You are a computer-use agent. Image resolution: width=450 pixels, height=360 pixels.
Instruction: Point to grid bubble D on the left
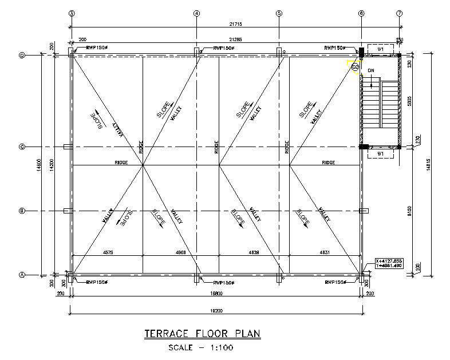[22, 56]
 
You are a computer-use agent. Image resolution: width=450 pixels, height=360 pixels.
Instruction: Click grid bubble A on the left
[22, 275]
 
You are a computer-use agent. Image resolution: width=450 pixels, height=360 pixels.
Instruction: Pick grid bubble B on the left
[22, 211]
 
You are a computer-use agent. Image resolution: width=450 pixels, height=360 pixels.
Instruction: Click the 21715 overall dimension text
[235, 23]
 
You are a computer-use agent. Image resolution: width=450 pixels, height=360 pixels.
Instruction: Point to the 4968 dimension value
[181, 252]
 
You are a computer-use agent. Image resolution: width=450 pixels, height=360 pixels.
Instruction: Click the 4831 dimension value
[325, 252]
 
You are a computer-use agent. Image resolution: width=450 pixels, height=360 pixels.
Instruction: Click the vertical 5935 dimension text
[410, 101]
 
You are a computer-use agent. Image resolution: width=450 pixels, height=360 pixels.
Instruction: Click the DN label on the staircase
[371, 71]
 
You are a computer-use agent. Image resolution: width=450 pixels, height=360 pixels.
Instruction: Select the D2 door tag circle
[355, 67]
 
